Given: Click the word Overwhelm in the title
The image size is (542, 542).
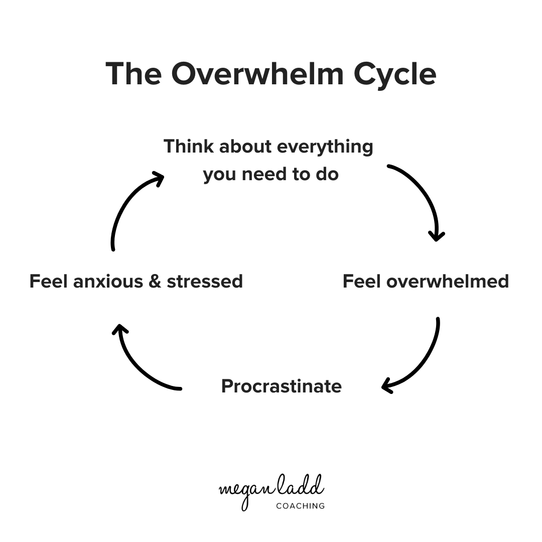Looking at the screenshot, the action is pyautogui.click(x=258, y=74).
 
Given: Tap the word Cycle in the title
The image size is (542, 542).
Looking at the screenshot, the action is pyautogui.click(x=395, y=74).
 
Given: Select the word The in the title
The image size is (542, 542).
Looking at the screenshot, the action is pyautogui.click(x=133, y=74).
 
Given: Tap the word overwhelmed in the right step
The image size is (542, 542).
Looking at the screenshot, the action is pyautogui.click(x=447, y=281).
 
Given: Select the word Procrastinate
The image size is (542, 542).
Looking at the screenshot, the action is pyautogui.click(x=281, y=386).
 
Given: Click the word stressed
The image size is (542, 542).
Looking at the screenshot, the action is pyautogui.click(x=205, y=281).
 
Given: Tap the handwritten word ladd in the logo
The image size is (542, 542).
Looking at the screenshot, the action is pyautogui.click(x=303, y=485).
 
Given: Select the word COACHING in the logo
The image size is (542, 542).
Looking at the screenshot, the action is pyautogui.click(x=300, y=506).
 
